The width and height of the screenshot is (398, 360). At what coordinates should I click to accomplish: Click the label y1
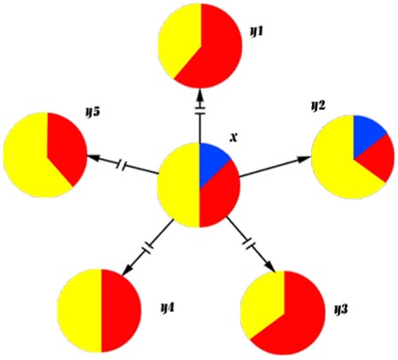[256, 31]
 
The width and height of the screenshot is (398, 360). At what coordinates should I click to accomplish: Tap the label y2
[318, 106]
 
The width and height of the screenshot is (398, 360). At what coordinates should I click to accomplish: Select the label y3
[340, 309]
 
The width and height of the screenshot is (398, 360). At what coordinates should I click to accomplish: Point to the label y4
[168, 309]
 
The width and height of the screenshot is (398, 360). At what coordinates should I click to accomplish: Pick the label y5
[93, 112]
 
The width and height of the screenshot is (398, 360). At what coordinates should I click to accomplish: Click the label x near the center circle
[233, 137]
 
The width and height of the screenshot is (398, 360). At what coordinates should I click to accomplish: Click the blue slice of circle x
[212, 161]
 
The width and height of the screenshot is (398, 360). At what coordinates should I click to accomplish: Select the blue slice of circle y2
[367, 133]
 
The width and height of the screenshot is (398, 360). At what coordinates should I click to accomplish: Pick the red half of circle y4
[120, 310]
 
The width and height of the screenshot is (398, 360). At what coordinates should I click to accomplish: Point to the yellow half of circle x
[180, 185]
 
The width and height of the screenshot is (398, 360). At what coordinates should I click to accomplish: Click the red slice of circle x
[219, 195]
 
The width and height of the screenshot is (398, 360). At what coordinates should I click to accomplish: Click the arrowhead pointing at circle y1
[200, 94]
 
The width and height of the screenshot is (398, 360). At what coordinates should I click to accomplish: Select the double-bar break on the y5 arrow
[121, 165]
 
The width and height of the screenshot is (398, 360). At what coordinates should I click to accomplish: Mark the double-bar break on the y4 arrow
[147, 247]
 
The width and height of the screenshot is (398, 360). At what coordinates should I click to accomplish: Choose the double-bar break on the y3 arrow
[248, 242]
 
